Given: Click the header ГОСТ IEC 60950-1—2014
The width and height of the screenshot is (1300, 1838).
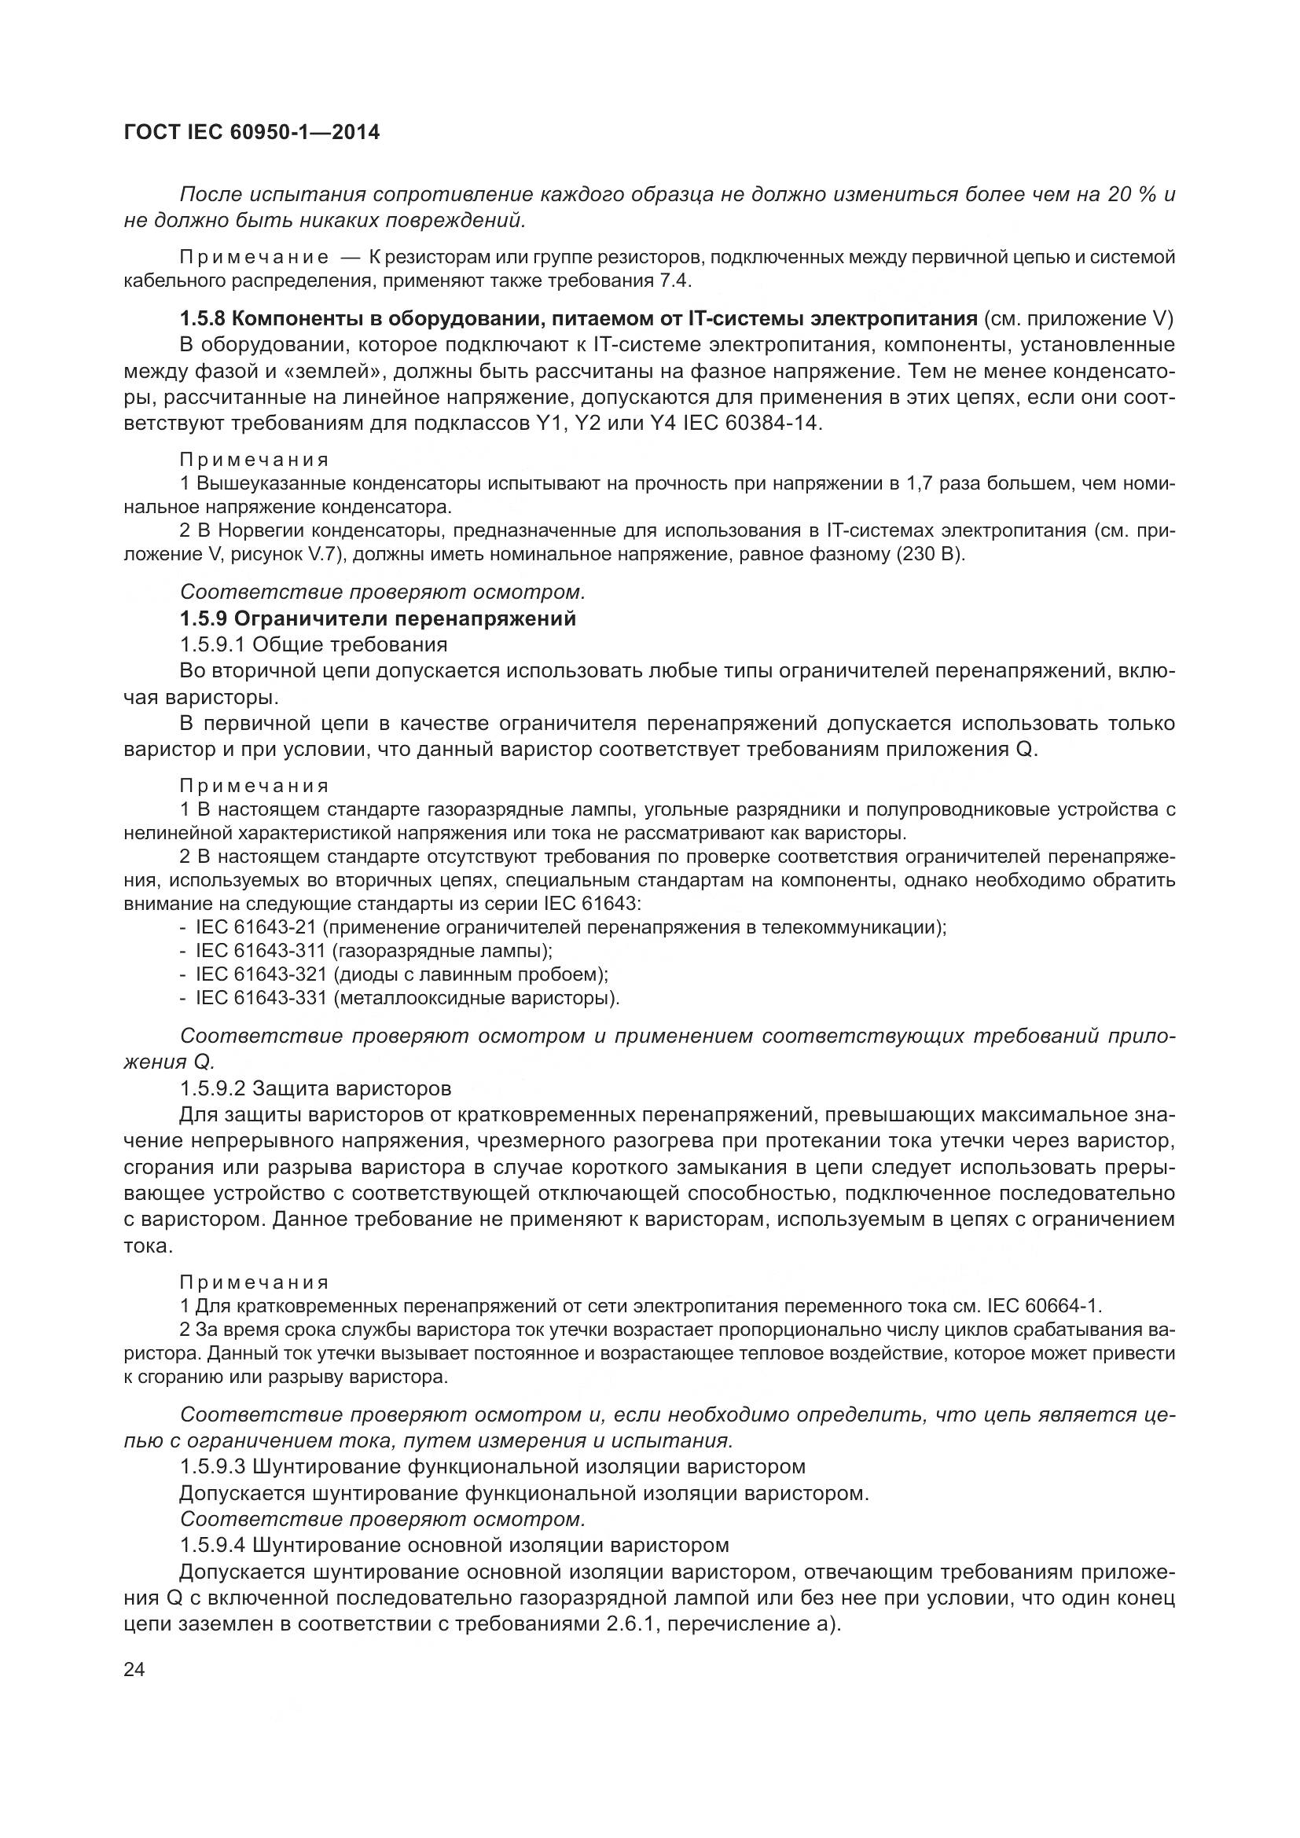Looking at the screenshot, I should [252, 133].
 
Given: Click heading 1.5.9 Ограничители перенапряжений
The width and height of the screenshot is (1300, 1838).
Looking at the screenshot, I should [378, 618].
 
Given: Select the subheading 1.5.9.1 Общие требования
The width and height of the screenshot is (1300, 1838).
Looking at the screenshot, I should [313, 644].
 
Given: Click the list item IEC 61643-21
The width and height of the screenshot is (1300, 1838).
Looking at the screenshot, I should [256, 927].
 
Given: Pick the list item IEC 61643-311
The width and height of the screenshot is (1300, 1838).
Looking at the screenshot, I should [261, 951].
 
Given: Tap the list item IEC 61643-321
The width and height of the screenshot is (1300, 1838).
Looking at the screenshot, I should [261, 974].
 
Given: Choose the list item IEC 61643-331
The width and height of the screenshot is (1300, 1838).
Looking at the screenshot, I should [261, 998].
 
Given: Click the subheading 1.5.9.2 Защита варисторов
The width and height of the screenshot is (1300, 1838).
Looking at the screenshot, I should [315, 1088].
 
